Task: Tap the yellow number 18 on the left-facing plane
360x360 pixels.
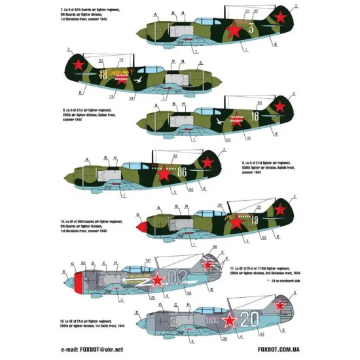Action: (103, 75)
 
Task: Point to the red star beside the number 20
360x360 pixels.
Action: (230, 320)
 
